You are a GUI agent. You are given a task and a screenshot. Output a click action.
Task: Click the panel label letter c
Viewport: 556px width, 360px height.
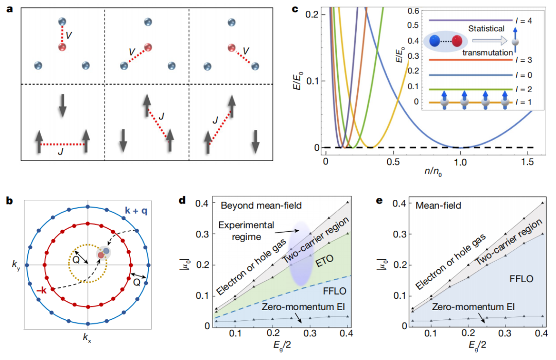[x=294, y=10]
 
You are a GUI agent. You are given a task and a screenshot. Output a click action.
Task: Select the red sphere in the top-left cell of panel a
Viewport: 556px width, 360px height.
[x=63, y=47]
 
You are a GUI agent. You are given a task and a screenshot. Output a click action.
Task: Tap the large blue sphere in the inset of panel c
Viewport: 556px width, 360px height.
[x=435, y=42]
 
